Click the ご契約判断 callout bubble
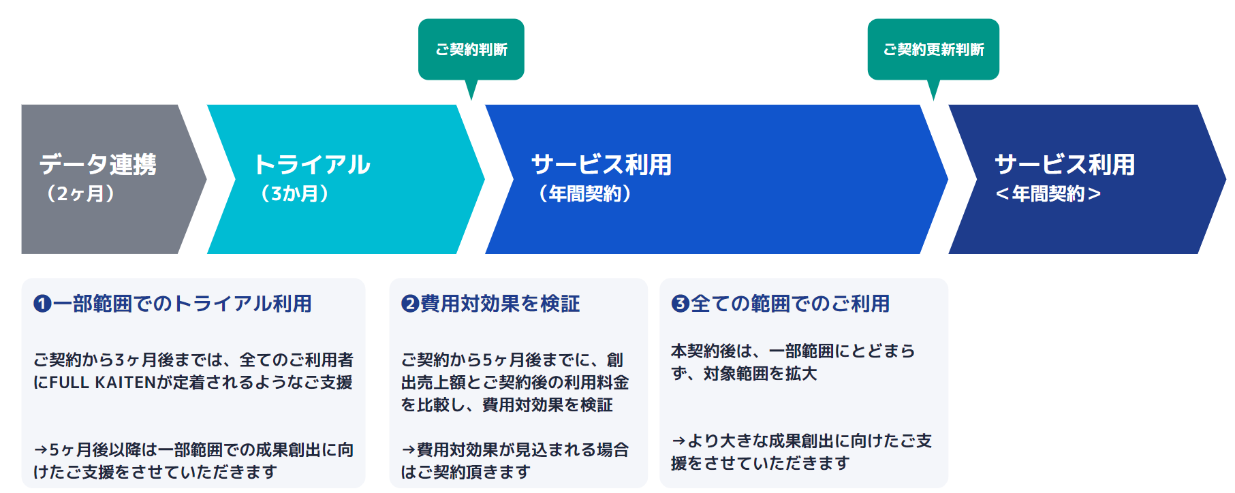(x=471, y=50)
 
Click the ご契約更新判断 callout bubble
(x=933, y=50)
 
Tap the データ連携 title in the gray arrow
(x=98, y=164)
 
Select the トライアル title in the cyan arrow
(x=312, y=164)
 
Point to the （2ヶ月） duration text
(x=80, y=194)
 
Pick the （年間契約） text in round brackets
(x=584, y=194)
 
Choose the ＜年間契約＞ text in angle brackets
(x=1048, y=194)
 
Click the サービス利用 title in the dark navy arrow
(x=1065, y=164)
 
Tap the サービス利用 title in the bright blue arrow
(x=601, y=164)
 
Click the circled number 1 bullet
(x=42, y=304)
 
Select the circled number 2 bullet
(x=410, y=304)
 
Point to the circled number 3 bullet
(x=680, y=304)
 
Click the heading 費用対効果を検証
(x=500, y=304)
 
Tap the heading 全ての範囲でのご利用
(x=790, y=304)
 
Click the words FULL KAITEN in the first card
(x=102, y=383)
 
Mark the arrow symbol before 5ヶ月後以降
(x=41, y=450)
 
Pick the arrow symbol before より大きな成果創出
(x=678, y=441)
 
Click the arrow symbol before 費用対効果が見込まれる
(x=408, y=450)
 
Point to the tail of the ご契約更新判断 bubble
(x=933, y=91)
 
